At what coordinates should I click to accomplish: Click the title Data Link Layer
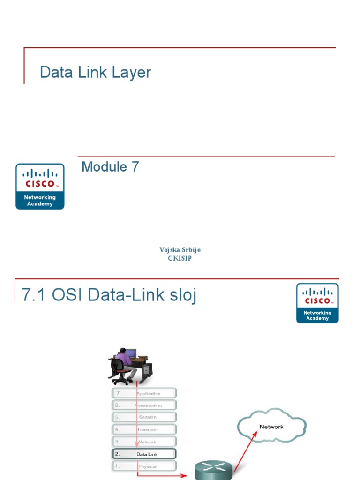click(x=96, y=73)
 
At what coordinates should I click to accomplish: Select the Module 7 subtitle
click(x=110, y=167)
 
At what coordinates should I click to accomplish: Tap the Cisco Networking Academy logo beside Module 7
click(x=40, y=186)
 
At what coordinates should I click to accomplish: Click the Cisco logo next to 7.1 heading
click(x=317, y=303)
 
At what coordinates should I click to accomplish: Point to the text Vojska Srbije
click(x=180, y=250)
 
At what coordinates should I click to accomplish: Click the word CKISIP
click(x=180, y=258)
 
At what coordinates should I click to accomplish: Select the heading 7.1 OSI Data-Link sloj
click(x=109, y=295)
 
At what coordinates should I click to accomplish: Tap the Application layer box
click(x=144, y=393)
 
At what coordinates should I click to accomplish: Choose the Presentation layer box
click(x=144, y=405)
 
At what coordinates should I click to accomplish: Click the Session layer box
click(x=144, y=417)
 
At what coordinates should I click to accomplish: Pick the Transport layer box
click(x=144, y=429)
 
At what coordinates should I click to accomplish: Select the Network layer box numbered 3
click(x=144, y=442)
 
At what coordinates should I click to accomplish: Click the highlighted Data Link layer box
click(x=144, y=454)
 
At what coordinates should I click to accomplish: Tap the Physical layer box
click(x=144, y=466)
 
